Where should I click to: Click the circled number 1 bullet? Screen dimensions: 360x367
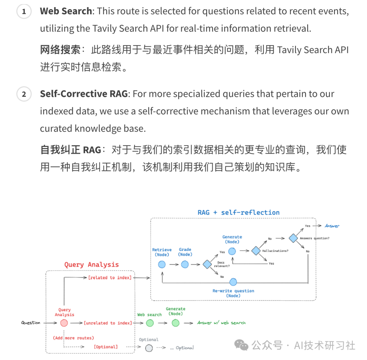coord(24,12)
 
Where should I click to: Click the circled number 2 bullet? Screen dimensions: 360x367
coord(24,94)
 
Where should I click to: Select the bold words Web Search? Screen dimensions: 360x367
coord(66,11)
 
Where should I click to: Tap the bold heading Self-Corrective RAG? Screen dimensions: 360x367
coord(84,94)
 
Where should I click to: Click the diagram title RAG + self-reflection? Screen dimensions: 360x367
coord(239,212)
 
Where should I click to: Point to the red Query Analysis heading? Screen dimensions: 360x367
coord(92,265)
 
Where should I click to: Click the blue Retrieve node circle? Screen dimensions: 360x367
coord(162,264)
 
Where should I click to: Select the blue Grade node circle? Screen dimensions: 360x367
coord(185,264)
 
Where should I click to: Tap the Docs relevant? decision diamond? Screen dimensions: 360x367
coord(207,264)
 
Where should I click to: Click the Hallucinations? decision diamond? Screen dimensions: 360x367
coord(256,251)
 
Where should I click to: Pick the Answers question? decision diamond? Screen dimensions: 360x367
coord(293,238)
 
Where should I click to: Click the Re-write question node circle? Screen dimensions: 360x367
coord(233,282)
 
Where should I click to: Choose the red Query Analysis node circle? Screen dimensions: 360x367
coord(64,323)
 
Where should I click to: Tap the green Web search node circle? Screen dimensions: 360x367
coord(150,323)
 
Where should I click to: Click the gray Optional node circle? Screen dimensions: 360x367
coord(148,347)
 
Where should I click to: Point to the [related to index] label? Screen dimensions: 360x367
coord(110,278)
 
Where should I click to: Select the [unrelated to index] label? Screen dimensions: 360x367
coord(108,323)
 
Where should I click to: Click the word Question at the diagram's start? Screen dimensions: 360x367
coord(31,323)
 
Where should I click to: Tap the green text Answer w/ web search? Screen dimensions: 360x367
coord(221,323)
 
